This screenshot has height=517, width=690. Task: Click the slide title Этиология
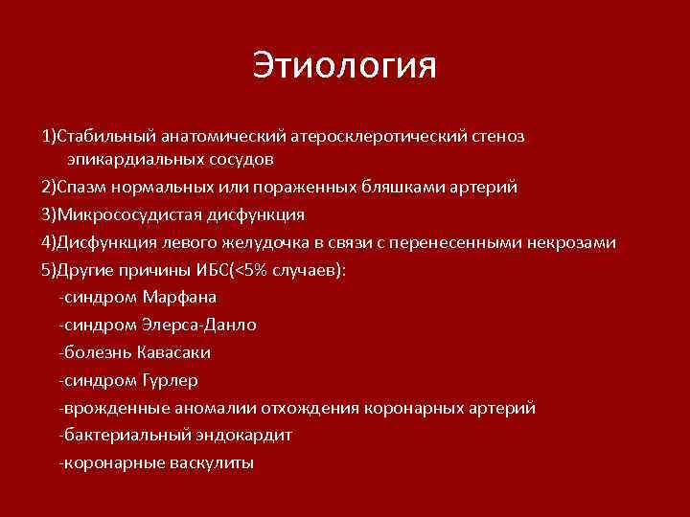[345, 66]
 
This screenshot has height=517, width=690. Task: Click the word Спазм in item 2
[81, 187]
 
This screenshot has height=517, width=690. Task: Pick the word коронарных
[415, 408]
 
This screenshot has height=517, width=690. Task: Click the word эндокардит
[243, 436]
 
